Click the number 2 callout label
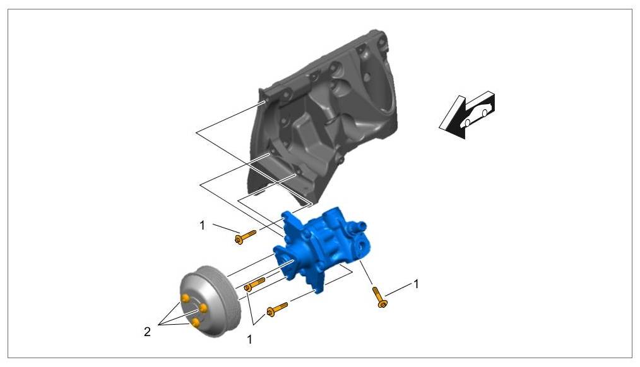pos(147,332)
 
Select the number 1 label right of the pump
pos(416,284)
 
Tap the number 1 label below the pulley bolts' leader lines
pos(249,339)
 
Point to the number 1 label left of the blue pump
pos(202,225)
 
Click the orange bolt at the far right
pos(379,297)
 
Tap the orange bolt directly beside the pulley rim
pos(254,284)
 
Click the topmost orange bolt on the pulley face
pos(186,298)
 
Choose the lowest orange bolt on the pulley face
pos(196,323)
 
